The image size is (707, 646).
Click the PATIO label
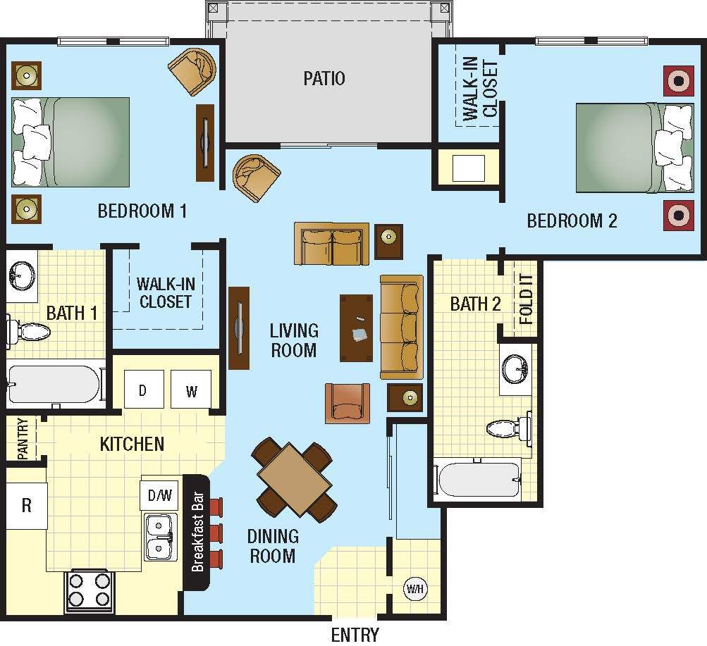[324, 77]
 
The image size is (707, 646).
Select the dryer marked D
[143, 390]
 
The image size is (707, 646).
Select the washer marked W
[191, 390]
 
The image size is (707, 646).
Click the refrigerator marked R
[26, 505]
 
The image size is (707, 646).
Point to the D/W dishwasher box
[159, 495]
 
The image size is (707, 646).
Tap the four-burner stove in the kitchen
[90, 590]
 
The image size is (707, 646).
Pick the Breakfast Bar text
[198, 532]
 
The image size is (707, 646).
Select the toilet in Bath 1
[25, 330]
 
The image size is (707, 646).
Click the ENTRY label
[355, 634]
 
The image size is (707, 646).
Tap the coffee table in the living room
[357, 328]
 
